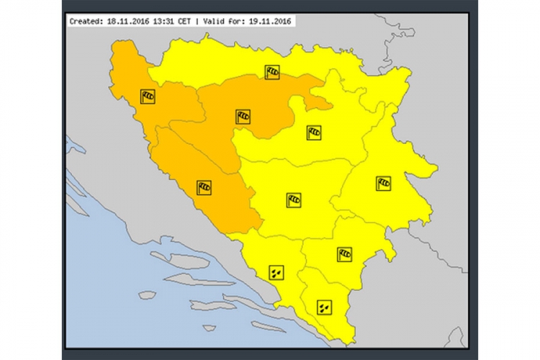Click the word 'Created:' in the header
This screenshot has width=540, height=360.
pyautogui.click(x=85, y=22)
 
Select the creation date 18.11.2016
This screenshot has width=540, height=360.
pyautogui.click(x=126, y=22)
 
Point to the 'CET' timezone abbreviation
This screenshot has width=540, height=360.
pyautogui.click(x=185, y=22)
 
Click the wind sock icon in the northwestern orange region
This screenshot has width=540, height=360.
pyautogui.click(x=148, y=96)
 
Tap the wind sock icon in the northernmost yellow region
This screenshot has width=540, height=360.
pyautogui.click(x=271, y=71)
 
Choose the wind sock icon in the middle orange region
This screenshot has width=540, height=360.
pyautogui.click(x=243, y=117)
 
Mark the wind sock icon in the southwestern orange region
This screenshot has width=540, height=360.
pyautogui.click(x=204, y=188)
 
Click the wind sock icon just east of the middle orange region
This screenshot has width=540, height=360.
pyautogui.click(x=314, y=132)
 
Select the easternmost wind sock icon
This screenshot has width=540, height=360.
pyautogui.click(x=384, y=183)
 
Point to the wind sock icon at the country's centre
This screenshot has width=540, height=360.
pyautogui.click(x=293, y=199)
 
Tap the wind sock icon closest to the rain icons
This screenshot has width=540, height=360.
pyautogui.click(x=345, y=253)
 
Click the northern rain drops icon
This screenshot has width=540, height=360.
pyautogui.click(x=276, y=272)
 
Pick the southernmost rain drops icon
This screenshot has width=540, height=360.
pyautogui.click(x=324, y=307)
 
